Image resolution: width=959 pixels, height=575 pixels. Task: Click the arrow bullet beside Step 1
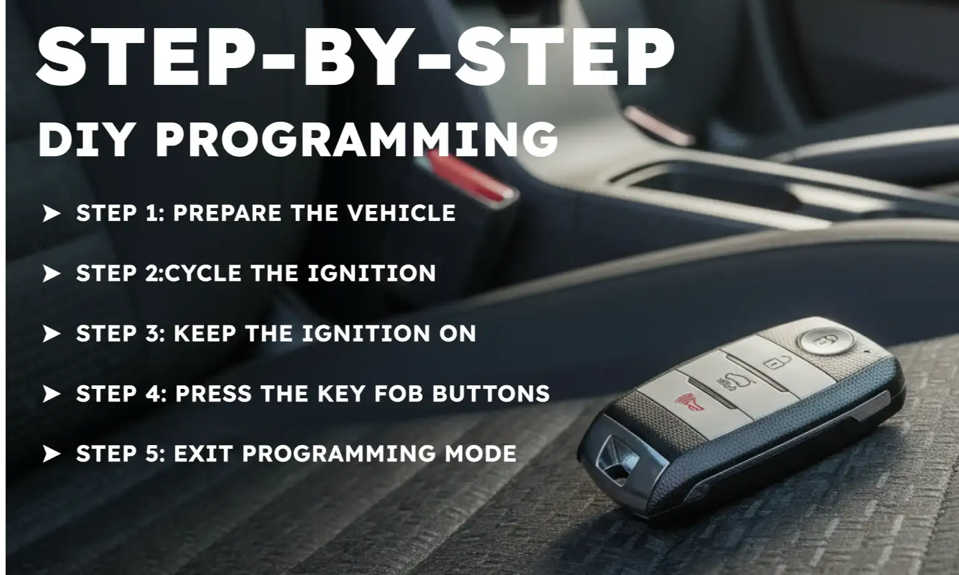coord(51,214)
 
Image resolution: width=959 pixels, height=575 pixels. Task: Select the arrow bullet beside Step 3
coord(51,334)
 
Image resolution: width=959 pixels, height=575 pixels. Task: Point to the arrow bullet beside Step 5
coord(51,454)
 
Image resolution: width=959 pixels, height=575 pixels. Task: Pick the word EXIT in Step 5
coord(204,454)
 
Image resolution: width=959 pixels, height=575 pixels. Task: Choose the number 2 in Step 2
coord(152,273)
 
